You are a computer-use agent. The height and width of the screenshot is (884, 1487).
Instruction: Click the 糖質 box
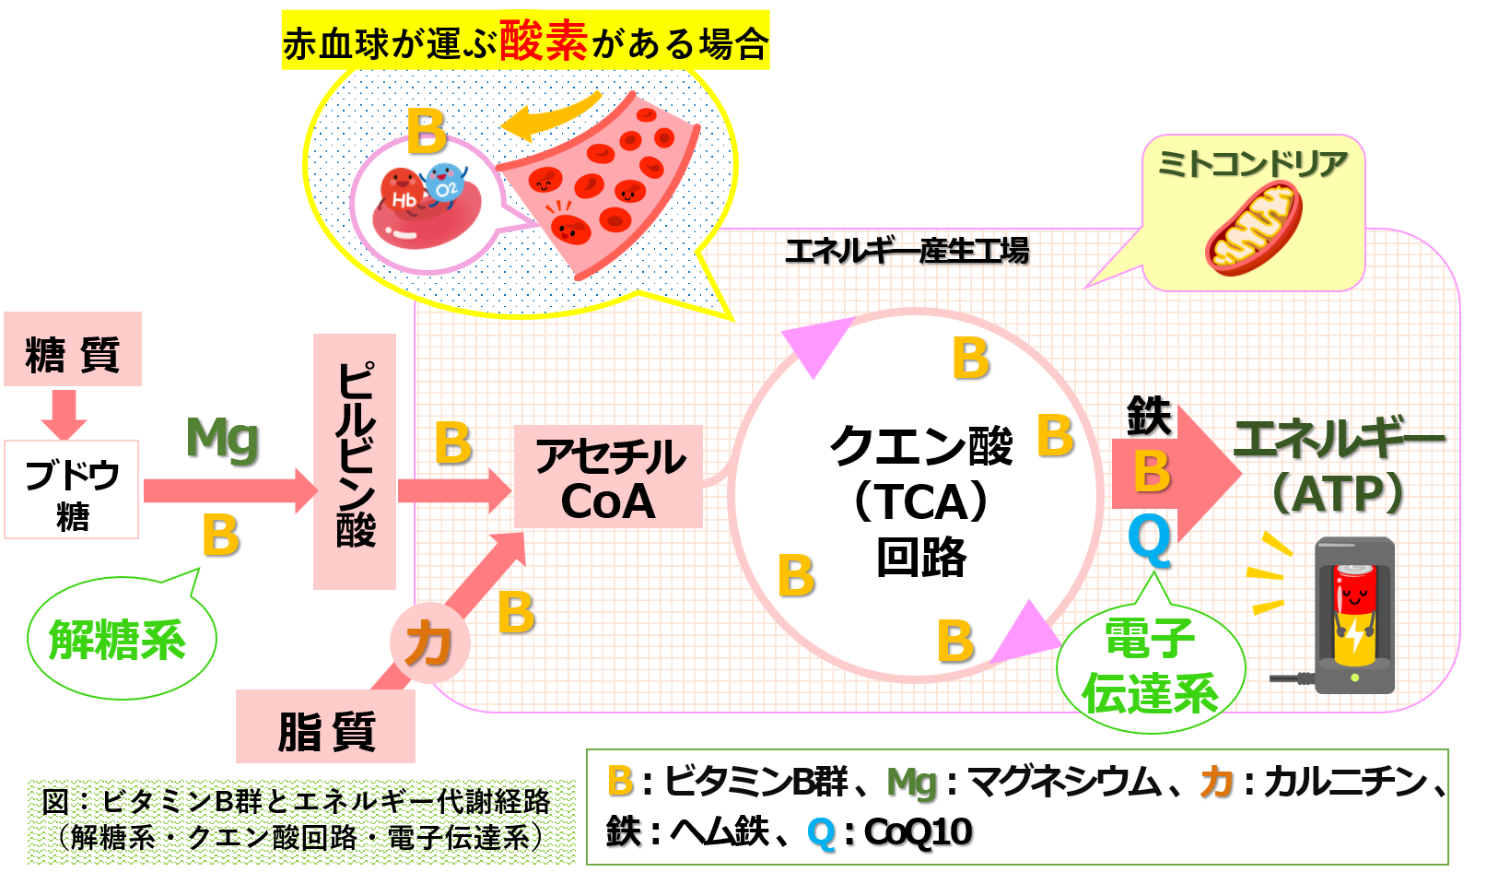coord(73,348)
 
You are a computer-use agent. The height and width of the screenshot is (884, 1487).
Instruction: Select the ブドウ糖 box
coord(72,489)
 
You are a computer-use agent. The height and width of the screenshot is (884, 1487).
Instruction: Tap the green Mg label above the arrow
coord(222,440)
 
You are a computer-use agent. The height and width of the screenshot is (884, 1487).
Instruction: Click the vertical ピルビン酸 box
coord(355,462)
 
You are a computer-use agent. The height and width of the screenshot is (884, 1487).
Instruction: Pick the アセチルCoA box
coord(608,477)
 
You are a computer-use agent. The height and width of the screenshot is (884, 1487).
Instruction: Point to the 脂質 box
coord(325,726)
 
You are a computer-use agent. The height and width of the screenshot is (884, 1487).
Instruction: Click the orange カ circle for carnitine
coord(429,642)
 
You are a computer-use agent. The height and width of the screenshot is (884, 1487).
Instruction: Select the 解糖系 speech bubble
coord(122,638)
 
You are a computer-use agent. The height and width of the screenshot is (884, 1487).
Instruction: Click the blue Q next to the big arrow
coord(1149,540)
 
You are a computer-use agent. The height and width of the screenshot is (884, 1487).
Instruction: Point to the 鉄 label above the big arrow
coord(1149,416)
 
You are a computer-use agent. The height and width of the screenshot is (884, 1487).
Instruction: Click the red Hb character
coord(403,194)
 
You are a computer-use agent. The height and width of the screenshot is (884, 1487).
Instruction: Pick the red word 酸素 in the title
coord(543,41)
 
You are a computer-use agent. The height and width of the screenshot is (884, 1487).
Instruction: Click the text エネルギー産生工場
coord(907,252)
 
